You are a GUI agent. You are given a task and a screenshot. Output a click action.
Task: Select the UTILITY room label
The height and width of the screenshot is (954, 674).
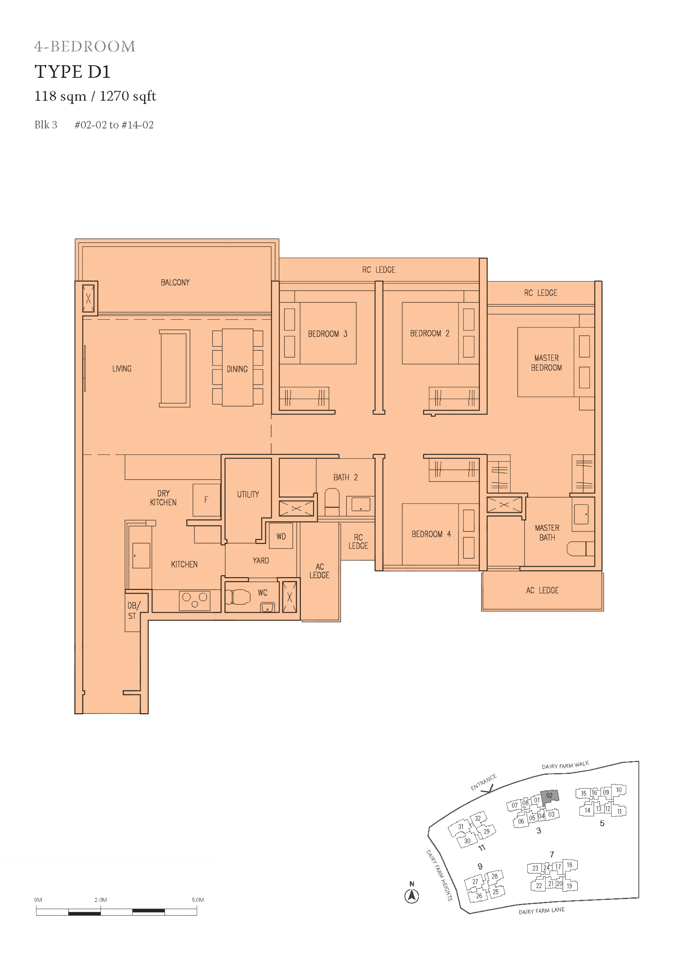248,494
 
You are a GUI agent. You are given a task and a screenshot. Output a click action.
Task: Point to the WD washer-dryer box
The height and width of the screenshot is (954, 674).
281,536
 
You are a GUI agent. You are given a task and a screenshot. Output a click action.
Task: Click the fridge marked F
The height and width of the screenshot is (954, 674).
206,500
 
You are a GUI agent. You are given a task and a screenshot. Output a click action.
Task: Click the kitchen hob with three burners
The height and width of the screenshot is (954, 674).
195,600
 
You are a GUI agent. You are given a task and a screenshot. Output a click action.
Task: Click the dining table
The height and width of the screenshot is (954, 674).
238,367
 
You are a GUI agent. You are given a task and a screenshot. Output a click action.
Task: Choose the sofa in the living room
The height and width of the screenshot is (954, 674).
174,368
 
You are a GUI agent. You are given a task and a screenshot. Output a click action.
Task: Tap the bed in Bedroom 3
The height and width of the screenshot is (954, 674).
318,333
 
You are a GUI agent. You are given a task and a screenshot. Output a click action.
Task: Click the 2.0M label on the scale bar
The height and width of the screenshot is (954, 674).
101,900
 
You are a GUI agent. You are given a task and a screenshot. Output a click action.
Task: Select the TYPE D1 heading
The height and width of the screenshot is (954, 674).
73,72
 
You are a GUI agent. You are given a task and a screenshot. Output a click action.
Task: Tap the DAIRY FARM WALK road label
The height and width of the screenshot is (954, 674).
565,765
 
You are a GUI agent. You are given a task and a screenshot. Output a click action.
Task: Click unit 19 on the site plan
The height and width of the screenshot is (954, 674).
569,886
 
